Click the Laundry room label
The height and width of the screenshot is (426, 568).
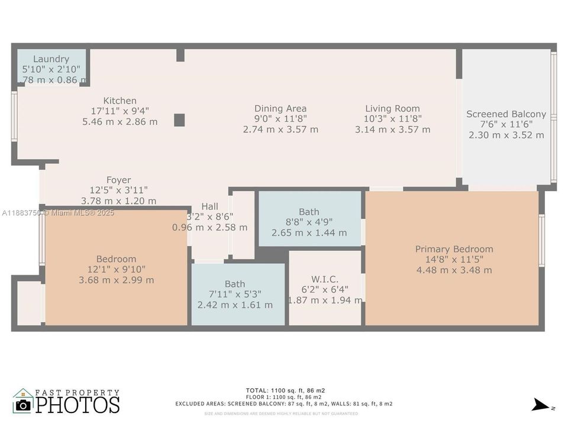(x=51, y=59)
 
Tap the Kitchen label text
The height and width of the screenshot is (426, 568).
(x=120, y=101)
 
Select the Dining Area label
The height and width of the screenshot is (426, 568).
(x=280, y=108)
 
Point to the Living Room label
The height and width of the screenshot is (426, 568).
(x=392, y=108)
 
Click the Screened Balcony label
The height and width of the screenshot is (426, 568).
(x=506, y=114)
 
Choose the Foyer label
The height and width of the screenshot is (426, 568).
(x=118, y=180)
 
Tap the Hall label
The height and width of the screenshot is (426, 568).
(x=209, y=206)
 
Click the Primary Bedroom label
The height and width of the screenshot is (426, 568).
(x=454, y=249)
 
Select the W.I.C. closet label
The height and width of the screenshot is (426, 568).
(x=325, y=279)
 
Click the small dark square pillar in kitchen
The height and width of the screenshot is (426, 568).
(x=179, y=120)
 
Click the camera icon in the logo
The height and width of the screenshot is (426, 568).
(x=23, y=405)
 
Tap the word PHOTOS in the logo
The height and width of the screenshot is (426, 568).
(x=78, y=405)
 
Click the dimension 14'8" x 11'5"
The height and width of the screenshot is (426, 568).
(x=454, y=260)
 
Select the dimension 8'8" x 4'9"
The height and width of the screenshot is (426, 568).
(x=309, y=222)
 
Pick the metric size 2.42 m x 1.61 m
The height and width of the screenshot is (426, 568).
(x=235, y=305)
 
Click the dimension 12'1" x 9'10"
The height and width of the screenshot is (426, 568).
(x=116, y=269)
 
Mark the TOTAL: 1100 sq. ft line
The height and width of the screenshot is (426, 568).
(x=285, y=390)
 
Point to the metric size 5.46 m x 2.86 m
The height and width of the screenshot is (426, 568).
(x=120, y=122)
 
